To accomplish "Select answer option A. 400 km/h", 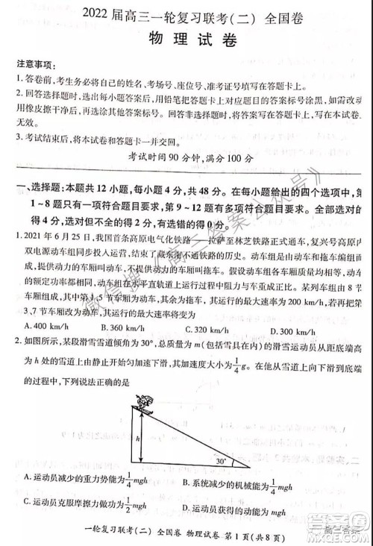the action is tap(46, 326).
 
